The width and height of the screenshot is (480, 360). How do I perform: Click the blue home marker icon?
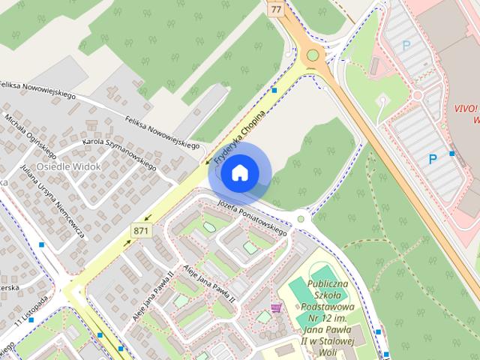tap(238, 173)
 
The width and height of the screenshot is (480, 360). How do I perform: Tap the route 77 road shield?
tap(276, 10)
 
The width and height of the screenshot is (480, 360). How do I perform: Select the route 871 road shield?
tap(140, 231)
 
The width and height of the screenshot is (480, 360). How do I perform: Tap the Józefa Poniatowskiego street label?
tap(252, 218)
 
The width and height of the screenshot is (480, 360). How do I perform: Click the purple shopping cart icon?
tap(276, 307)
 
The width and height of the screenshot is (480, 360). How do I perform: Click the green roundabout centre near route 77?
tap(312, 55)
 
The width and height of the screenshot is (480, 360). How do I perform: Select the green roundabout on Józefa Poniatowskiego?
tap(301, 219)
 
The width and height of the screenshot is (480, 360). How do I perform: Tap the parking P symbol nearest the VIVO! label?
tap(432, 159)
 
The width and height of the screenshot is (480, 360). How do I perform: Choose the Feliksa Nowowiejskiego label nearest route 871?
tap(161, 132)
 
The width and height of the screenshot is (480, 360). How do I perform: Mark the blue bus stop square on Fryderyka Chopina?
tap(275, 91)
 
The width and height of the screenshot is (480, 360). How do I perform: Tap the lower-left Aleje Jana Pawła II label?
tap(153, 295)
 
